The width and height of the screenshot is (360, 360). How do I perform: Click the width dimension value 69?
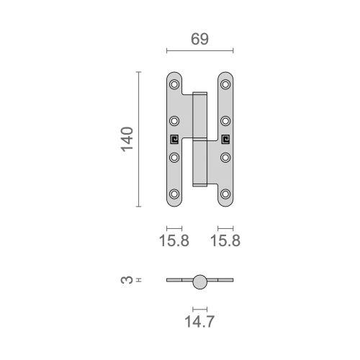199,40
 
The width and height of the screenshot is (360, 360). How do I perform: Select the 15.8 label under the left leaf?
174,241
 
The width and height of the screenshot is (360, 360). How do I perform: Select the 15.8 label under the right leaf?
225,241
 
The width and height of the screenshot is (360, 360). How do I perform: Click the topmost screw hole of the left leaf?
174,84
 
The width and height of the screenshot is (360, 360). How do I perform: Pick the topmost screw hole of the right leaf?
225,84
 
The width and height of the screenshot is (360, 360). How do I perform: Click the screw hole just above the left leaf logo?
174,120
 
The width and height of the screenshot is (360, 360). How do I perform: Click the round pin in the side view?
199,281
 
